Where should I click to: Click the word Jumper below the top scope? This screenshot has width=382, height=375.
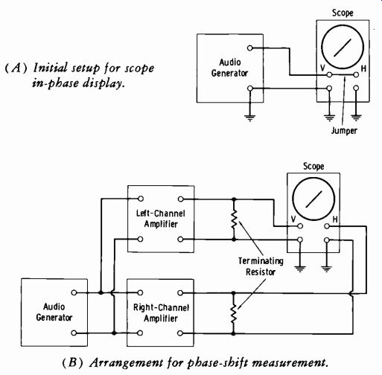pyautogui.click(x=344, y=131)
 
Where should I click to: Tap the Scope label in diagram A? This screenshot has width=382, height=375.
pyautogui.click(x=343, y=13)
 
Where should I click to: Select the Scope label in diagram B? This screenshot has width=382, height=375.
pyautogui.click(x=313, y=166)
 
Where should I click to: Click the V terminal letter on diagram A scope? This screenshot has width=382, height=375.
pyautogui.click(x=322, y=68)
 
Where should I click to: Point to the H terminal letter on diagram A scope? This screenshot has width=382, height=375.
pyautogui.click(x=363, y=68)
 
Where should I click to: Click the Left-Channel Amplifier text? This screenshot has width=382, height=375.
pyautogui.click(x=161, y=219)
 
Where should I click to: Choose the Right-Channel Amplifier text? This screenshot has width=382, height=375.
pyautogui.click(x=161, y=313)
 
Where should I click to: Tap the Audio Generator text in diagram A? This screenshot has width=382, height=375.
pyautogui.click(x=229, y=68)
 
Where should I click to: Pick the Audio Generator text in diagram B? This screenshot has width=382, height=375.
pyautogui.click(x=54, y=312)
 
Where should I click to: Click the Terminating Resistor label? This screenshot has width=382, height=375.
pyautogui.click(x=261, y=266)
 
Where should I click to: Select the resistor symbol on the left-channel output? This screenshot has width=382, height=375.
pyautogui.click(x=234, y=219)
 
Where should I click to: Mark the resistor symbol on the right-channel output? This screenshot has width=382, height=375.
pyautogui.click(x=233, y=313)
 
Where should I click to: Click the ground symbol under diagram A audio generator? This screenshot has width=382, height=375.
pyautogui.click(x=250, y=118)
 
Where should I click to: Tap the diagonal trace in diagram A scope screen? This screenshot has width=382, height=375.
pyautogui.click(x=343, y=48)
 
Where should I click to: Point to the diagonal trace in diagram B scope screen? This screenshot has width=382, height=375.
pyautogui.click(x=313, y=199)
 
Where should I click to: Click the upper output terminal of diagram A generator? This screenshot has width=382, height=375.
pyautogui.click(x=250, y=48)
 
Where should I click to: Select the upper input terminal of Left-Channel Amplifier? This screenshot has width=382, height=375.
pyautogui.click(x=141, y=199)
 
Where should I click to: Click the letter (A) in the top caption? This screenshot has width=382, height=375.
pyautogui.click(x=16, y=68)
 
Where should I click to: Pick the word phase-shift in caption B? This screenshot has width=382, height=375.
pyautogui.click(x=217, y=363)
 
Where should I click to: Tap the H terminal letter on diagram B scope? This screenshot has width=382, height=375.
pyautogui.click(x=335, y=219)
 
